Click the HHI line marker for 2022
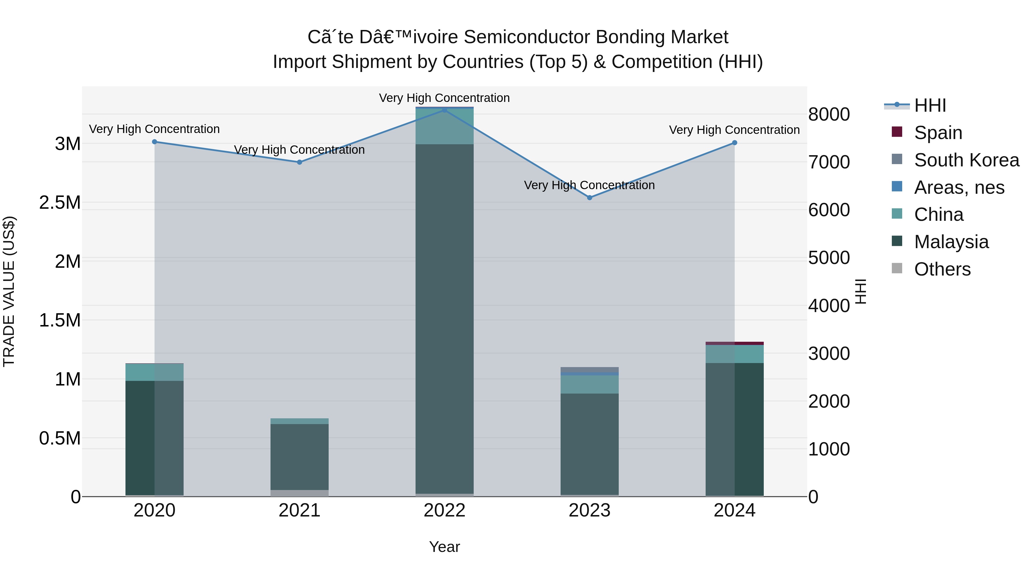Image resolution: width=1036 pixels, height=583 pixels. [x=444, y=110]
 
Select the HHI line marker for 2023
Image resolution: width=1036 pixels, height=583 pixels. [x=590, y=198]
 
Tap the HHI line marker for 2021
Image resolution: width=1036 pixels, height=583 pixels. [x=299, y=162]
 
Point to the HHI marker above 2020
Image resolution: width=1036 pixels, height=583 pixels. [x=155, y=142]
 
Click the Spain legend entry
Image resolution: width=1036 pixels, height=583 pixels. [x=938, y=132]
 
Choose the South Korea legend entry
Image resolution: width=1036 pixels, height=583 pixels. [x=966, y=160]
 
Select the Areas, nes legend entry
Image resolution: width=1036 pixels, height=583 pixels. [x=959, y=187]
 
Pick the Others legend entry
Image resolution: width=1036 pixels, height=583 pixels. [x=942, y=269]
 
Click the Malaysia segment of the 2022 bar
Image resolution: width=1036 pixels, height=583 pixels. [x=444, y=318]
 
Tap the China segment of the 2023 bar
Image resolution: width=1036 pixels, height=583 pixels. [x=590, y=384]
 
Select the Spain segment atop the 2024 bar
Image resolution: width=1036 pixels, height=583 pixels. [x=734, y=343]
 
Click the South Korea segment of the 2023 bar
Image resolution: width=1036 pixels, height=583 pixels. [x=590, y=369]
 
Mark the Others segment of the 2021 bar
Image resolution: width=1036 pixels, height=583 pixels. [x=299, y=493]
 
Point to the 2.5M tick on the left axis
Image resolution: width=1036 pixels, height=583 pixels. [x=60, y=202]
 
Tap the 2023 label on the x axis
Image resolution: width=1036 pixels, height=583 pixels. [x=590, y=510]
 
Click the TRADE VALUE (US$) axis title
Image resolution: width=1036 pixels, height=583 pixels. [x=9, y=291]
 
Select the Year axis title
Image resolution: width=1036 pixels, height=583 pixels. [x=444, y=547]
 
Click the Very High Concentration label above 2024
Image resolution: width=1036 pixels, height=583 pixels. [x=734, y=130]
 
